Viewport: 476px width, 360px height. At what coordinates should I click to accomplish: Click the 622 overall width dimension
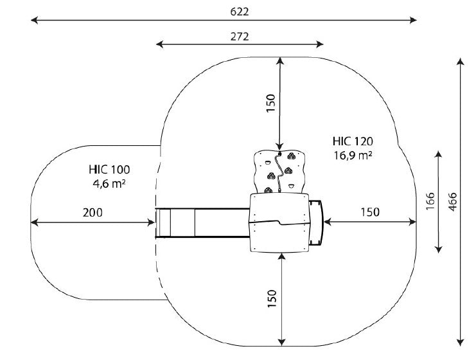pos(240,12)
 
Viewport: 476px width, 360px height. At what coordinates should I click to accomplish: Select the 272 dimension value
pos(240,37)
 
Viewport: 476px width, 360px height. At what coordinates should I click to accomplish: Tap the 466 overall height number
pos(452,202)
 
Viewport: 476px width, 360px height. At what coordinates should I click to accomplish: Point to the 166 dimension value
pos(430,201)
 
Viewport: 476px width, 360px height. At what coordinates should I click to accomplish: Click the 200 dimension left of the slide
pos(93,212)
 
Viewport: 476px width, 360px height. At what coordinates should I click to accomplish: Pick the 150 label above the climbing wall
pos(270,104)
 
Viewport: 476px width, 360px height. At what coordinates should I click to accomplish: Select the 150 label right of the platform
pos(370,212)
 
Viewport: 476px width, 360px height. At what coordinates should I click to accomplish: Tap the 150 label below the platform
pos(272,299)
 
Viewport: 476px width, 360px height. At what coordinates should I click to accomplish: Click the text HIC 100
pos(109,169)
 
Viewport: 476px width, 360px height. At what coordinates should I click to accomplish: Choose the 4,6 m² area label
pos(109,183)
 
